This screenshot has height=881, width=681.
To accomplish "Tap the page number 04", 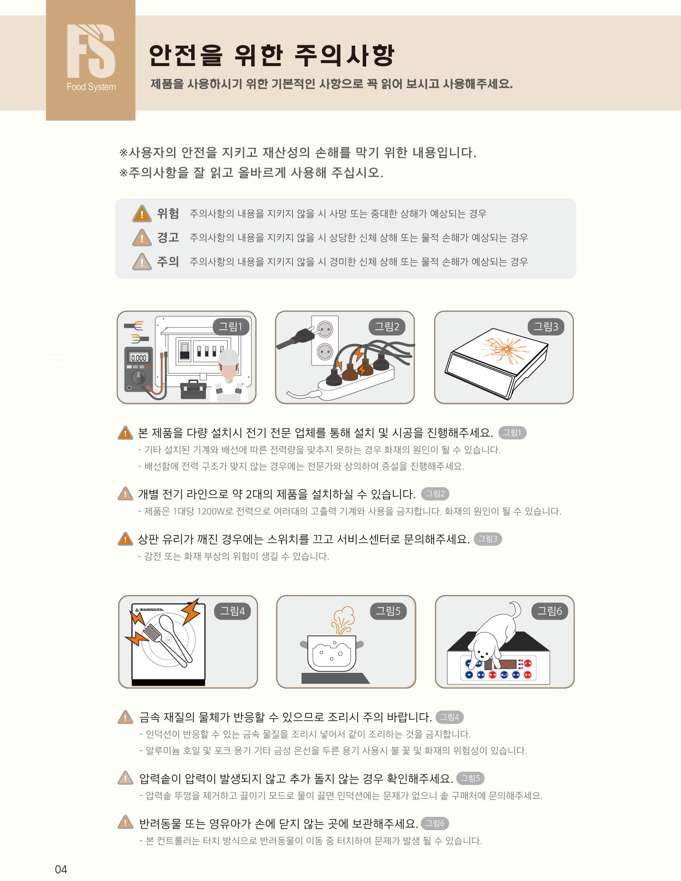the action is point(61,869).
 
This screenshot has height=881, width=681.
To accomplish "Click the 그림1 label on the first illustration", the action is point(231,326).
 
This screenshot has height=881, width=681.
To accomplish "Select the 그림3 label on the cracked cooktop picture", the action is point(546,326).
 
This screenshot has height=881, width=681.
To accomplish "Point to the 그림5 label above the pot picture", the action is point(389,611).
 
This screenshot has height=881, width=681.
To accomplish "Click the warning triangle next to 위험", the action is point(142,213).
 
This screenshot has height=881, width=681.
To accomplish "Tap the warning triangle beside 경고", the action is point(142,237).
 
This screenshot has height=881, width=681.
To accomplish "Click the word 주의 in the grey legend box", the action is point(168,261).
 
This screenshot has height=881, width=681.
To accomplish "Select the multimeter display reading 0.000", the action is point(139,358).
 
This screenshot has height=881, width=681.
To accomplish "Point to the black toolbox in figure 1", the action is point(194,389).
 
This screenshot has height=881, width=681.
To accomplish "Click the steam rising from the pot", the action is point(343,620).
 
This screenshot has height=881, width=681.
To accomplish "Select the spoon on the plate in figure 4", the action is point(174,636).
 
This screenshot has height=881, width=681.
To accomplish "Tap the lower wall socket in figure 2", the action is point(325,352).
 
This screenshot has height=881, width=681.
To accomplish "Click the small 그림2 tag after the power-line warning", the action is point(435,494).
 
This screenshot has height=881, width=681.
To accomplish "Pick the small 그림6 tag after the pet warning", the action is point(435,823).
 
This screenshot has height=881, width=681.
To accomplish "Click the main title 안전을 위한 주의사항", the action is point(272,55).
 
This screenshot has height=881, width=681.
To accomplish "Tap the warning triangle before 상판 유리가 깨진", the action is point(125,538).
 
